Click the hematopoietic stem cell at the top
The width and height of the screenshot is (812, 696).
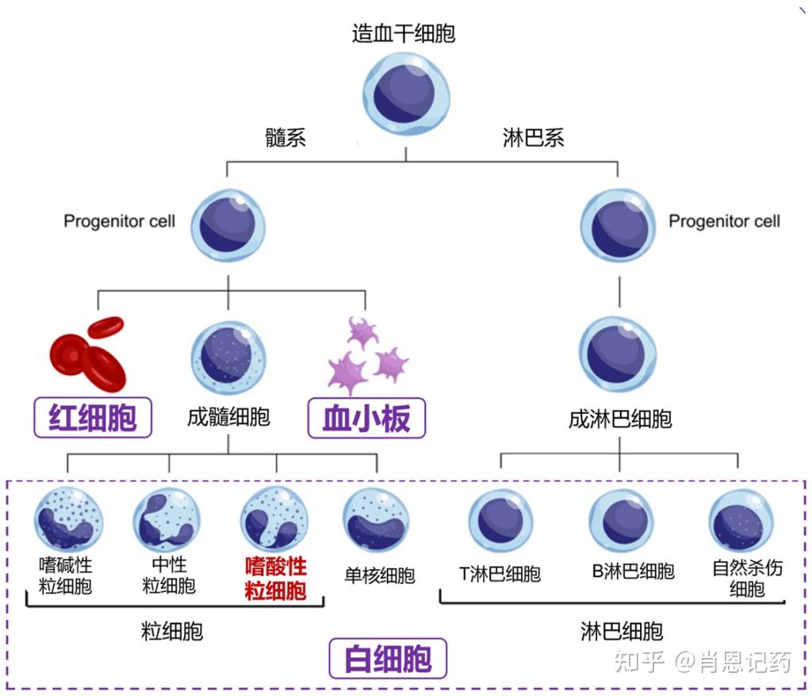tap(406, 94)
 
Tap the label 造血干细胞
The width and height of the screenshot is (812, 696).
tap(404, 33)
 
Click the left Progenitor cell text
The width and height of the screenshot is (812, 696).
tap(120, 221)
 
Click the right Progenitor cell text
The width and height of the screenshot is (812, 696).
tap(724, 221)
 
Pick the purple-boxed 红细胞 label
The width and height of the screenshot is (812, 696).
tap(93, 418)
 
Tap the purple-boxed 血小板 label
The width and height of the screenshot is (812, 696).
tap(366, 418)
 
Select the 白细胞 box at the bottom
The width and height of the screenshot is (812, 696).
tap(388, 659)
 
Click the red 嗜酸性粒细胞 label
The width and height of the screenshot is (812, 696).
tap(276, 579)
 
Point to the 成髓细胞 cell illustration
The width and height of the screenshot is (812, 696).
tap(228, 359)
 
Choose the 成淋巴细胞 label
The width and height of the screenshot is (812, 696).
tap(620, 419)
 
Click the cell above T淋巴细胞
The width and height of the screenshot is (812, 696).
tap(500, 522)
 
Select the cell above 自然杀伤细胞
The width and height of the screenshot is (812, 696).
tap(741, 521)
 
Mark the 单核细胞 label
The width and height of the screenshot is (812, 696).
tap(380, 575)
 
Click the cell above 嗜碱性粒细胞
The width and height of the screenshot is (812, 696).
tap(68, 520)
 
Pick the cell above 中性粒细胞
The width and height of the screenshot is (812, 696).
tap(167, 520)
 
